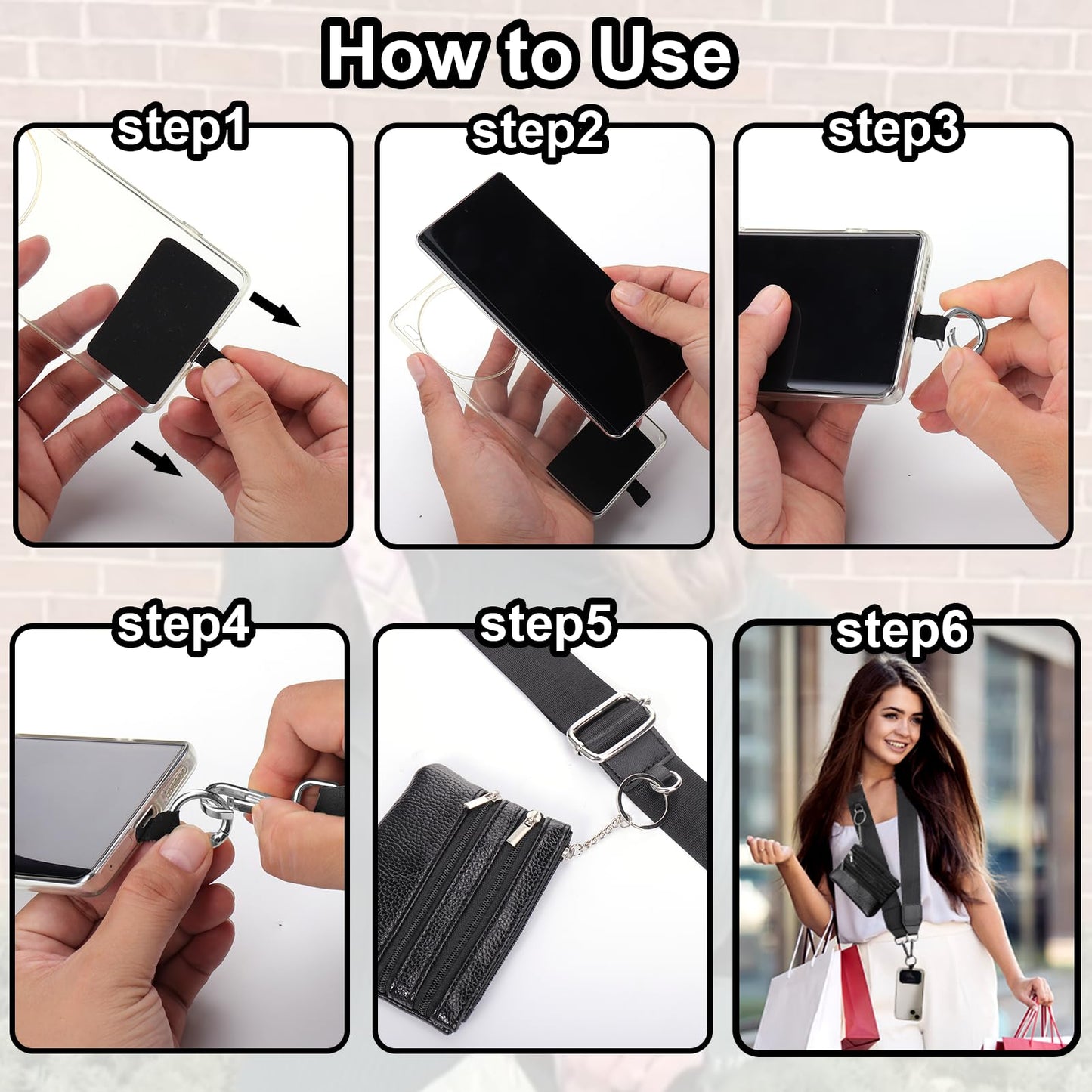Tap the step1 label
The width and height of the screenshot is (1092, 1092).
180,130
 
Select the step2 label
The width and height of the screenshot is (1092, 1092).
537,135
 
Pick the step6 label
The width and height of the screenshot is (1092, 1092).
901,632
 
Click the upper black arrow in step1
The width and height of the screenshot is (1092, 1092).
275,309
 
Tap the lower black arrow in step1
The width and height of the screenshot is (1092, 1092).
156,459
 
